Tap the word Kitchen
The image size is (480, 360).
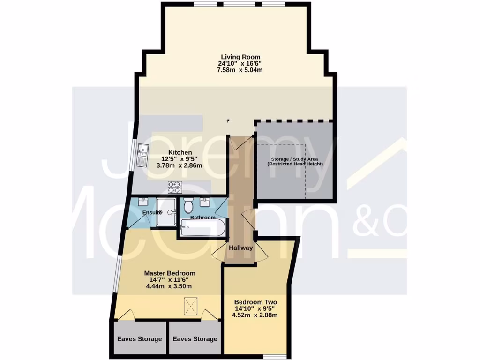click(x=180, y=152)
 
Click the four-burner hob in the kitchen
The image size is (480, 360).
click(x=174, y=187)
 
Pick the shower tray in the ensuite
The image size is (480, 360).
click(x=166, y=212)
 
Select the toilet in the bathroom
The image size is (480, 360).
click(x=189, y=205)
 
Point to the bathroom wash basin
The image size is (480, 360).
click(x=205, y=202)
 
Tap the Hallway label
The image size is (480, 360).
click(x=240, y=248)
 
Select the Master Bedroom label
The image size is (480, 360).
click(x=169, y=273)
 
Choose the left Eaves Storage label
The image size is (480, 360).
click(x=139, y=339)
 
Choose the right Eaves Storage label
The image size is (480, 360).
click(x=195, y=339)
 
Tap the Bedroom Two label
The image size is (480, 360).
click(x=256, y=302)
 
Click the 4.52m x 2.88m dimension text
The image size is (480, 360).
click(x=256, y=315)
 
